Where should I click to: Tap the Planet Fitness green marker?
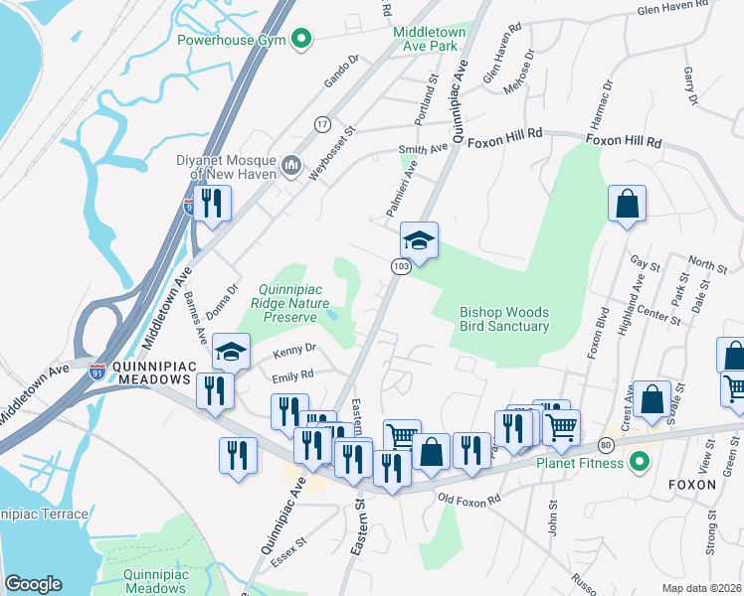pyautogui.click(x=641, y=463)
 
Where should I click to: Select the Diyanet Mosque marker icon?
pyautogui.click(x=291, y=164)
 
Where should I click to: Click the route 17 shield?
pyautogui.click(x=322, y=124)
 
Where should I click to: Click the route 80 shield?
pyautogui.click(x=606, y=444)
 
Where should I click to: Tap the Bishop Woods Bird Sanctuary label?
pyautogui.click(x=504, y=319)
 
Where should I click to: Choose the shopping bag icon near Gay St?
pyautogui.click(x=628, y=204)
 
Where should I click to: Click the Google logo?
pyautogui.click(x=33, y=584)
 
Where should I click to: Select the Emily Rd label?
pyautogui.click(x=292, y=376)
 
